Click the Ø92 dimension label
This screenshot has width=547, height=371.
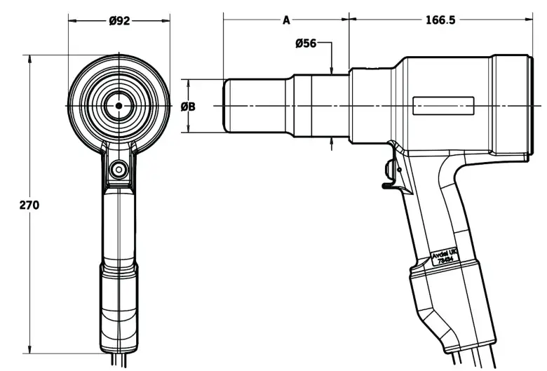(119, 20)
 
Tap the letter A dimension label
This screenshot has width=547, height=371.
(286, 20)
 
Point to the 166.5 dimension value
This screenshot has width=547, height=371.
(440, 20)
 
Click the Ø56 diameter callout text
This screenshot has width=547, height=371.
(306, 43)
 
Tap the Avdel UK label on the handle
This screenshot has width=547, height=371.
(444, 255)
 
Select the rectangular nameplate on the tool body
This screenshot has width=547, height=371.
(444, 107)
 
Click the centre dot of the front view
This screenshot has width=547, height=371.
(119, 106)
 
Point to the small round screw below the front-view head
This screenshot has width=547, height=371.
(119, 168)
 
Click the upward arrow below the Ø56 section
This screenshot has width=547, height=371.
(332, 143)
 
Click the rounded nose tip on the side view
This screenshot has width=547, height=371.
(228, 105)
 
